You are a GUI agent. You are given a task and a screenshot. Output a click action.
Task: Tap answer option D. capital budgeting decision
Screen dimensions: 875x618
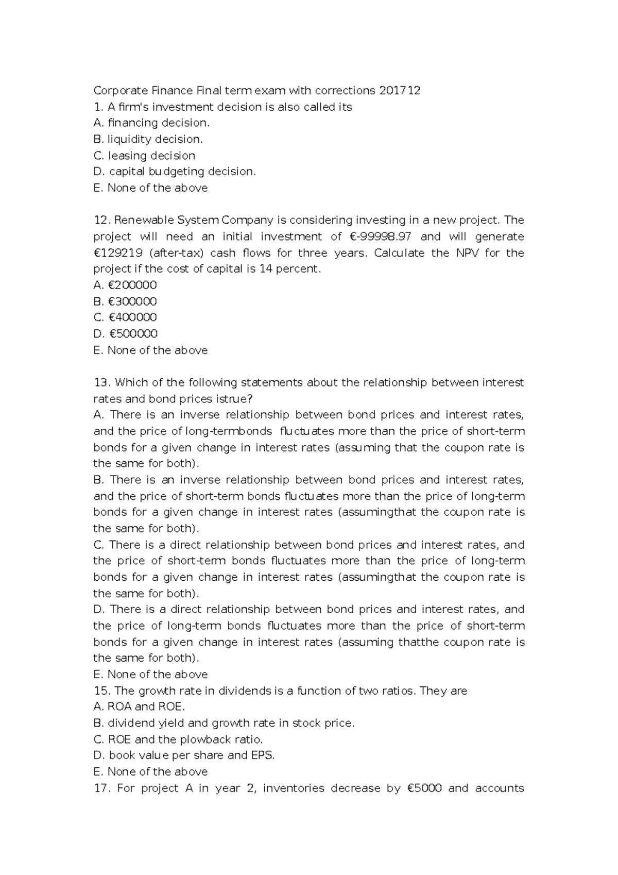coord(175,172)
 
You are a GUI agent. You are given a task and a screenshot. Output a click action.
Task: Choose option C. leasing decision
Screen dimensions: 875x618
coord(145,156)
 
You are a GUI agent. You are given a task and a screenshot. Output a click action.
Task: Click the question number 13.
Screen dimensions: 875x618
coord(101,382)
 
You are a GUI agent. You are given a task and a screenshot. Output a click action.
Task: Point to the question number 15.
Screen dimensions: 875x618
coord(101,691)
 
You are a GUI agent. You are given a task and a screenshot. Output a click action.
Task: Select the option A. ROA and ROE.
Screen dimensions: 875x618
coord(139,706)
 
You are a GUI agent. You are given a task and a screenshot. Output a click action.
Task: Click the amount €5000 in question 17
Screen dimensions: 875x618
coord(421,788)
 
